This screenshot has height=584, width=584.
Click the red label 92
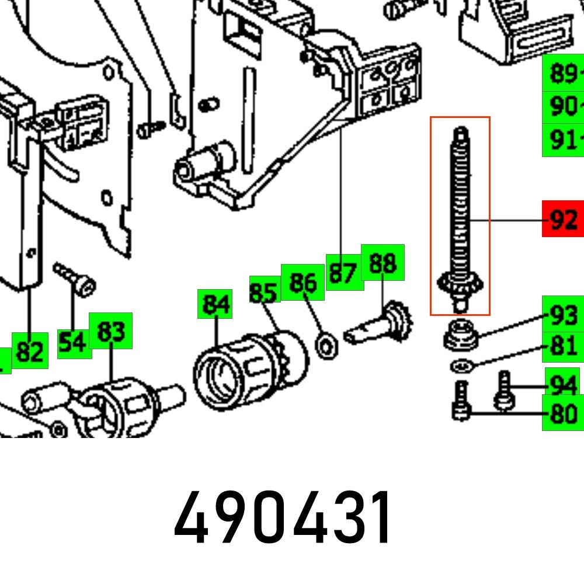coord(562,219)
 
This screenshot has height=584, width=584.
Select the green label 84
coord(215,304)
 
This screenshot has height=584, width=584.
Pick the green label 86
coord(303,282)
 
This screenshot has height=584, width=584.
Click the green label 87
coord(343,272)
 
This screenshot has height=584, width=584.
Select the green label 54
coord(74,343)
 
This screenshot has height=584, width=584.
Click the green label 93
coord(563,315)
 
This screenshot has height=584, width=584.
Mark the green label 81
coord(563,345)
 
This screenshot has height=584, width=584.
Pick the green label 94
coord(563,384)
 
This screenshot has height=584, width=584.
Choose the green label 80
coord(563,414)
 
